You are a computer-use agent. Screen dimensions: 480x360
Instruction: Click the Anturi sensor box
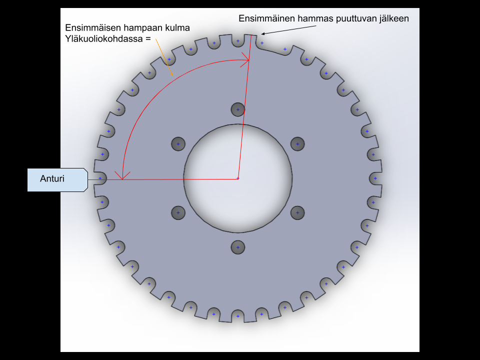click(57, 179)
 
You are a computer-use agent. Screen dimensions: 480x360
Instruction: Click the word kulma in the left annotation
click(177, 28)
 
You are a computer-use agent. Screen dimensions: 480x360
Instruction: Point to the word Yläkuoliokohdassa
click(104, 39)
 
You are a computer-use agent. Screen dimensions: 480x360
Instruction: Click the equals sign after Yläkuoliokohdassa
click(148, 39)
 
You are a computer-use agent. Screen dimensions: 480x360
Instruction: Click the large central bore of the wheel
click(238, 178)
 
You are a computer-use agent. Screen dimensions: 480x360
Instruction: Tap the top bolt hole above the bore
click(238, 109)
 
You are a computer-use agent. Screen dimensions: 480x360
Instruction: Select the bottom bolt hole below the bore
click(238, 247)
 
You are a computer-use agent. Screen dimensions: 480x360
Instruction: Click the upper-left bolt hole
click(178, 144)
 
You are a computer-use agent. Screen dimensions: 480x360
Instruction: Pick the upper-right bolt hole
click(297, 144)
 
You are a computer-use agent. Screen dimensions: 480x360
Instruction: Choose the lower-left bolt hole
click(178, 213)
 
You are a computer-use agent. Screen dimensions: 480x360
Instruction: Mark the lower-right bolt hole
click(297, 213)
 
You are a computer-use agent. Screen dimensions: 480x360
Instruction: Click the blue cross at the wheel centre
click(238, 178)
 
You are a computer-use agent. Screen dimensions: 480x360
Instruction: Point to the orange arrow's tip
click(173, 75)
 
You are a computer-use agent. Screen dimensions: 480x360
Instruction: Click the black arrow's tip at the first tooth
click(261, 34)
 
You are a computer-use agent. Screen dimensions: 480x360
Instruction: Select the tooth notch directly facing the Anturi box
click(101, 178)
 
